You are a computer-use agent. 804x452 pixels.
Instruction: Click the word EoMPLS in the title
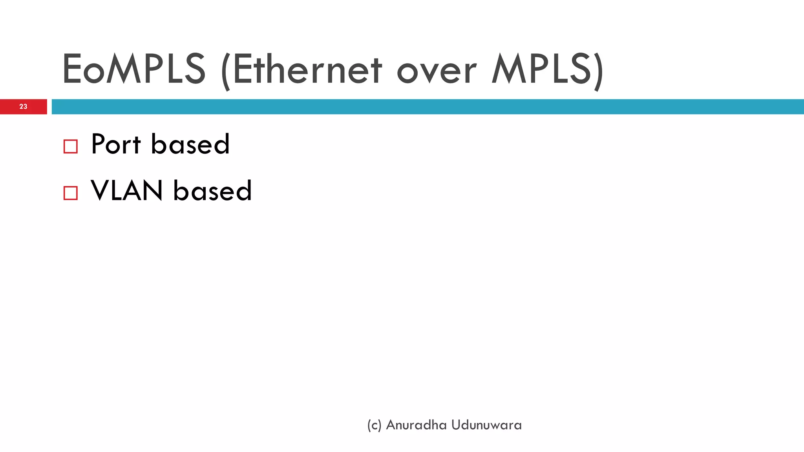(133, 69)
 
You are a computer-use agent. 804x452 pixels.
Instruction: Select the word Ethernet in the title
(307, 69)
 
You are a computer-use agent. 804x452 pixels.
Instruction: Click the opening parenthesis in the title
(225, 71)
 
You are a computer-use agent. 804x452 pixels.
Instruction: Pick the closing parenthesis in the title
(599, 71)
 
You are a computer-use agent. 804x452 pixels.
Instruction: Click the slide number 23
(23, 106)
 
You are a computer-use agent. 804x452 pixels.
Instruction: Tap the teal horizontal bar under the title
(428, 106)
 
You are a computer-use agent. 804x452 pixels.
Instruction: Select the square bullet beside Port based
(71, 146)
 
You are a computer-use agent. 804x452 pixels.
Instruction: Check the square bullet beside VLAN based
(71, 193)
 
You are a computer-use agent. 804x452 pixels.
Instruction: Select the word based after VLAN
(212, 191)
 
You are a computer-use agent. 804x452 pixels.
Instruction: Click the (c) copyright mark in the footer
(374, 425)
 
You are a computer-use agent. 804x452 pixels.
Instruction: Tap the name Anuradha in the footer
(417, 425)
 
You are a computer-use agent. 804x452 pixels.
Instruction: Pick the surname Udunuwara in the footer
(487, 425)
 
